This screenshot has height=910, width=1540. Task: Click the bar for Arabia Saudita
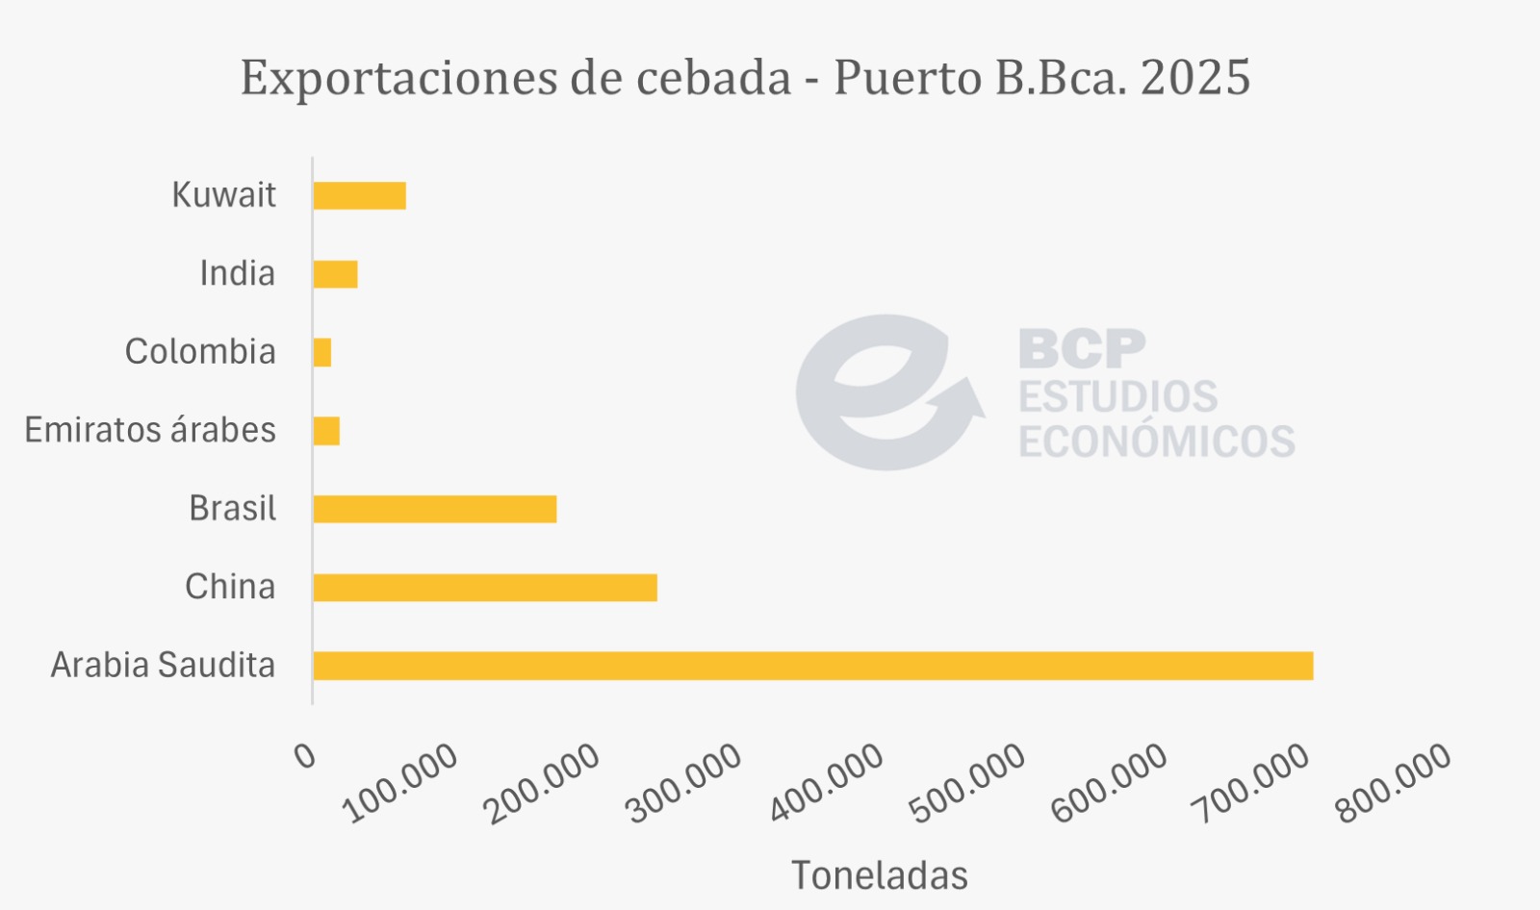(812, 666)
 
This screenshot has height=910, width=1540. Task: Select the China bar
(485, 588)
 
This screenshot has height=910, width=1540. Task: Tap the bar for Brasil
(435, 509)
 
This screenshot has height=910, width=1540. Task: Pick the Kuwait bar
(359, 195)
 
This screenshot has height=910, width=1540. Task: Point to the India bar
(335, 274)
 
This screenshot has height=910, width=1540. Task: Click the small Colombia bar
(322, 352)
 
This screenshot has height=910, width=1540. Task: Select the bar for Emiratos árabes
(326, 431)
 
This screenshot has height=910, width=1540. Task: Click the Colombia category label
(200, 352)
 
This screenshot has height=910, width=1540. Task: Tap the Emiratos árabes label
(150, 430)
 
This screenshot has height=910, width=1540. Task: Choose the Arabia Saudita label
(163, 665)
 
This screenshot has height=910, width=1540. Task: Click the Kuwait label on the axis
(223, 195)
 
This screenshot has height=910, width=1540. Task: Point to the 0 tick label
(305, 756)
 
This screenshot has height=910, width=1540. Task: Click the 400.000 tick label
(827, 783)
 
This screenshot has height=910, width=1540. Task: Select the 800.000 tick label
(1394, 783)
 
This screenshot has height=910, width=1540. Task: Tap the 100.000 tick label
(401, 783)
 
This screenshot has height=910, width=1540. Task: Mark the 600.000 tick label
(1110, 783)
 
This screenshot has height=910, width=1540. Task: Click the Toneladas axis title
(880, 875)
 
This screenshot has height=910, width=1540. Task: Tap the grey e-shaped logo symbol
(881, 392)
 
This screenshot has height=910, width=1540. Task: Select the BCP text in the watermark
(1082, 348)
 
